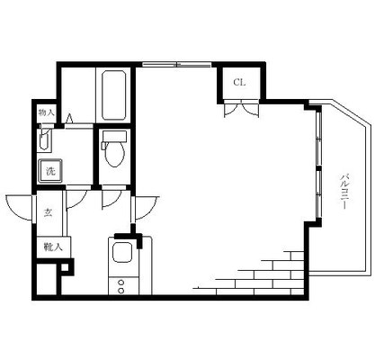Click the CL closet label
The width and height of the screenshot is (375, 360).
239,82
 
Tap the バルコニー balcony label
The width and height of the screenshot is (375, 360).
344,191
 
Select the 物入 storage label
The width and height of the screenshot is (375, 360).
46,112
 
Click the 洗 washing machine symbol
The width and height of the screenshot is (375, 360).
50,171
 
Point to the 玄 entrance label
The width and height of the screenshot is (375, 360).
48,212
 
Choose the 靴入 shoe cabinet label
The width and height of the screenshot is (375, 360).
53,247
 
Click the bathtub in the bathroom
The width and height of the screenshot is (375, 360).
113,95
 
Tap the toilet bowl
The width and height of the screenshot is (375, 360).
114,154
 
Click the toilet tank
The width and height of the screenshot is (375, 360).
114,136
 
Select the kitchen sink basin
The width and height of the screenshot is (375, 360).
122,252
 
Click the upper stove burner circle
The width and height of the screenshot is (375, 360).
121,282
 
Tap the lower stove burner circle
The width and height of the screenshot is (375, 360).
121,291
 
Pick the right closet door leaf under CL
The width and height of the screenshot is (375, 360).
250,109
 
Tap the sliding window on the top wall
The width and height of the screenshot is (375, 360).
176,64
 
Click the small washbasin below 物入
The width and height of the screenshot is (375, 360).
43,139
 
